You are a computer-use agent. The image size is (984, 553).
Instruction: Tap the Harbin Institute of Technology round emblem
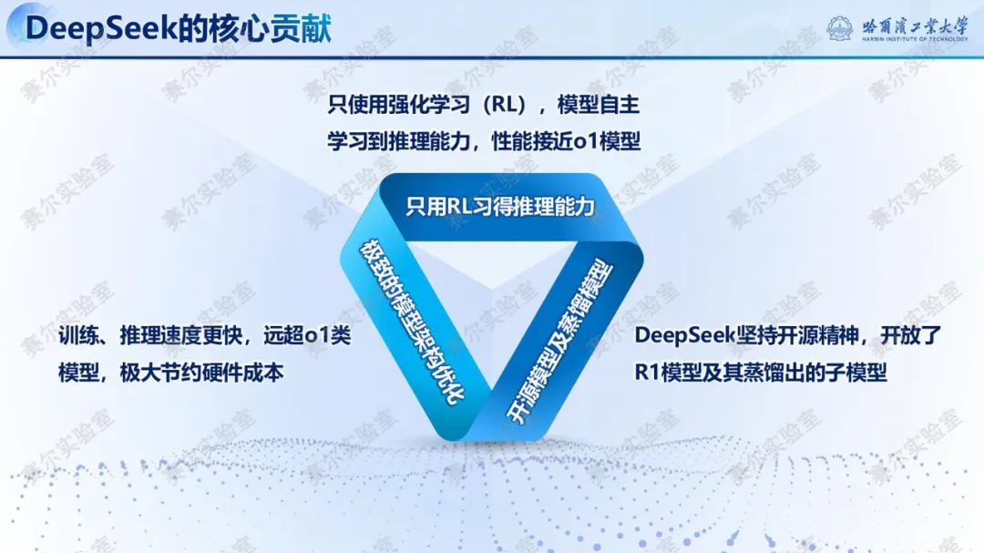pos(840,28)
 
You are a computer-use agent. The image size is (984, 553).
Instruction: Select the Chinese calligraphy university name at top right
pos(915,26)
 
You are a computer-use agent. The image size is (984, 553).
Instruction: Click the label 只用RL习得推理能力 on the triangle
pos(499,207)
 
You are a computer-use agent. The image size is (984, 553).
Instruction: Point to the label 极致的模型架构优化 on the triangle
pos(412,322)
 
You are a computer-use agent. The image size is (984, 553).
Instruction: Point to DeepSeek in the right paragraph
pos(684,336)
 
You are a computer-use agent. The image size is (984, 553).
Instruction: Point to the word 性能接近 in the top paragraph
pos(532,141)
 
